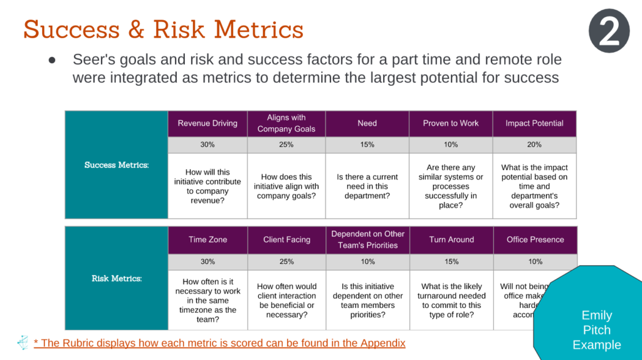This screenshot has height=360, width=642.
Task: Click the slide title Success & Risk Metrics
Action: tap(163, 29)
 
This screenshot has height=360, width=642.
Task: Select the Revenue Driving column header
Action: tap(208, 124)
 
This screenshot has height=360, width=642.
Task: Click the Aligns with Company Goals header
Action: tap(287, 124)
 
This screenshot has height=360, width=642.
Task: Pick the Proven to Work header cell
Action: tap(451, 124)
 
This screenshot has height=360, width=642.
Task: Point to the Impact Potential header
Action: tap(534, 124)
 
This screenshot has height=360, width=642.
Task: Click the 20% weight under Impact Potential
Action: tap(534, 145)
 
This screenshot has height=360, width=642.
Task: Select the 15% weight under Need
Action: tap(367, 145)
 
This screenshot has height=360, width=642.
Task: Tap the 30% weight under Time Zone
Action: tap(208, 262)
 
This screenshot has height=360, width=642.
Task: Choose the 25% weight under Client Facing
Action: tap(287, 262)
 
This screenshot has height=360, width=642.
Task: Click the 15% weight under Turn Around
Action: tap(451, 262)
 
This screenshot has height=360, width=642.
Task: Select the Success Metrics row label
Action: tap(117, 165)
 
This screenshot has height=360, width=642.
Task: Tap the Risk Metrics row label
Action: tap(117, 278)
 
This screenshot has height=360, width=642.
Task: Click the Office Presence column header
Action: tap(535, 240)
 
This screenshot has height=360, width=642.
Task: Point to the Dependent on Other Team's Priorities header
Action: tap(368, 240)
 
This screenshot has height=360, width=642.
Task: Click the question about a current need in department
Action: tap(367, 186)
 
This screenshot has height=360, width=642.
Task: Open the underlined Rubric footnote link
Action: tap(219, 343)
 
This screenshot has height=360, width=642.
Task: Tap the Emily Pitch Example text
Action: tap(596, 330)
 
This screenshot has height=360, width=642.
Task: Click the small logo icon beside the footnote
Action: tap(23, 342)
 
